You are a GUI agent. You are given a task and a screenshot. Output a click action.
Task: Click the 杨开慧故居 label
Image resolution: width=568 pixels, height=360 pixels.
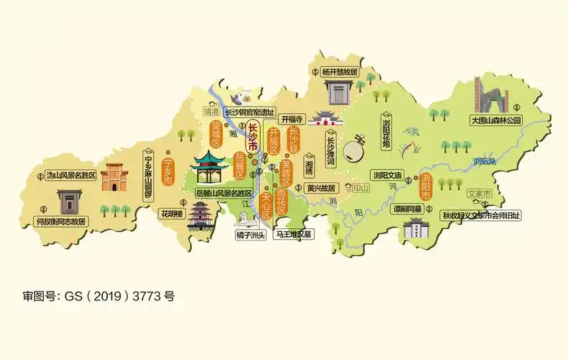[x=339, y=72]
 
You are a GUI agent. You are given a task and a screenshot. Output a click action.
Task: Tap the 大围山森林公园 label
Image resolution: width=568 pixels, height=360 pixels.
[x=495, y=120]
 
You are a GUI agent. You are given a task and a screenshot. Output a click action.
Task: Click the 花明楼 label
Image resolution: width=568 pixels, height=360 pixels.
[x=171, y=214]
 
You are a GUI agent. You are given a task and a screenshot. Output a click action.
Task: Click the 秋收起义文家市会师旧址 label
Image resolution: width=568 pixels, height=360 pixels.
[x=481, y=215]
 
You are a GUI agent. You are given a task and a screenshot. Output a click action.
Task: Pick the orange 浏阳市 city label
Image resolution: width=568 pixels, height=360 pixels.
[x=425, y=186]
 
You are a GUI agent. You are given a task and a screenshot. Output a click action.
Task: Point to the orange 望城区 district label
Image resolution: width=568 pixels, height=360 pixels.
[x=215, y=133]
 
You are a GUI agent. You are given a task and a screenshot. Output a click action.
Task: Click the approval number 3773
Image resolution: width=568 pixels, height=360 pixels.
[x=148, y=296]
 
